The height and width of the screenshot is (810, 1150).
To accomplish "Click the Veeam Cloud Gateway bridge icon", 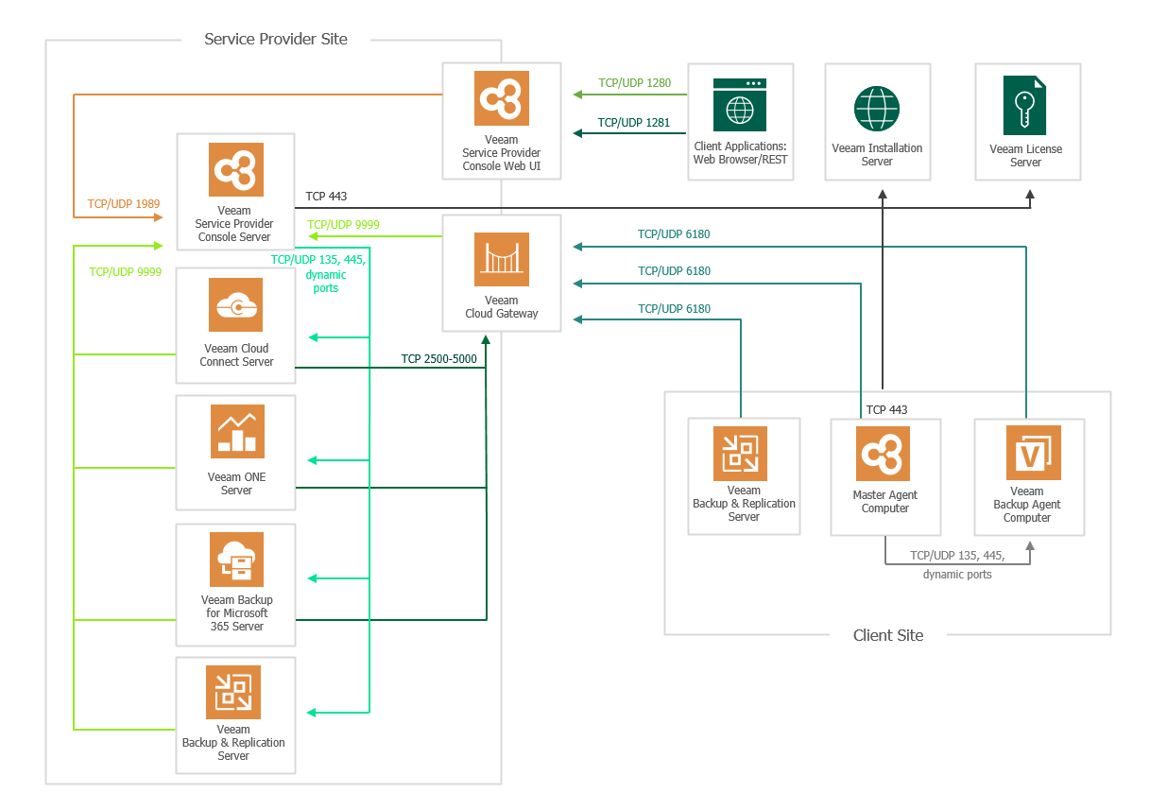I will (x=502, y=260).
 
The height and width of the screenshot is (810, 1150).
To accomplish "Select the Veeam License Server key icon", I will (x=1025, y=105).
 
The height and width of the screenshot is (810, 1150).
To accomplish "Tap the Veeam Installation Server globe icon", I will (x=877, y=108).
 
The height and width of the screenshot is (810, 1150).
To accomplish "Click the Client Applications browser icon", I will (x=740, y=105).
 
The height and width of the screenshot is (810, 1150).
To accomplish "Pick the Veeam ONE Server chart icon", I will (x=236, y=432).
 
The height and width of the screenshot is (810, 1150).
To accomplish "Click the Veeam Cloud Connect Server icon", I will (x=236, y=304).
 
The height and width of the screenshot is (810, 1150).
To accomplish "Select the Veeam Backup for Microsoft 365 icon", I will (x=236, y=560).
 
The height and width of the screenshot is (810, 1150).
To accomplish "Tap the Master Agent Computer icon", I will (x=884, y=454).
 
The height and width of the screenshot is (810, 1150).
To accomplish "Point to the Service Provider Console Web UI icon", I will (x=502, y=98).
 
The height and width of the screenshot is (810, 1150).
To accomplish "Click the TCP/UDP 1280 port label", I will (x=634, y=83).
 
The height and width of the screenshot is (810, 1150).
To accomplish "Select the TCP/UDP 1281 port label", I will (x=634, y=123).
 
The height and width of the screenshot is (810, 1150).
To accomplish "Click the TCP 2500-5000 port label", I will (x=438, y=359).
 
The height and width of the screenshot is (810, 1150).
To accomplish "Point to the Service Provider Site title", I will (x=276, y=40).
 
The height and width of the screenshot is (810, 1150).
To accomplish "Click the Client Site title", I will (x=888, y=635).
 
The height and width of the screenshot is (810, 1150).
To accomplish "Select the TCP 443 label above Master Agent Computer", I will (x=886, y=410).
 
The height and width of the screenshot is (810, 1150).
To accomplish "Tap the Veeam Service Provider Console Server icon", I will (x=236, y=170).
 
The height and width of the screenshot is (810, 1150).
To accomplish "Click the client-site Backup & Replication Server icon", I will (x=740, y=454).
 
